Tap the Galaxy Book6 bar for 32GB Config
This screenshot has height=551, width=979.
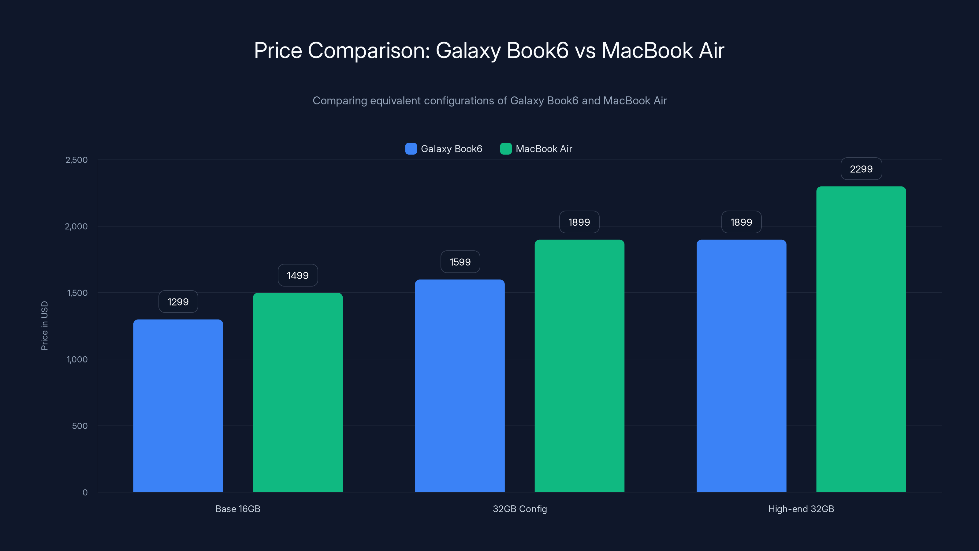(x=460, y=386)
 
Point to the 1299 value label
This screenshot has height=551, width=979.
(x=178, y=302)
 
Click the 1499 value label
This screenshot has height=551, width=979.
(x=298, y=275)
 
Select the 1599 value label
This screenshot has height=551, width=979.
(x=460, y=262)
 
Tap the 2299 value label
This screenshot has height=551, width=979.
(x=861, y=169)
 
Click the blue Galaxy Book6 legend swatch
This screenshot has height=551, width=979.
(x=411, y=149)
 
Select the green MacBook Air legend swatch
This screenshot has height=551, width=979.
(x=505, y=149)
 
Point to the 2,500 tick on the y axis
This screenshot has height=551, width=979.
(x=76, y=160)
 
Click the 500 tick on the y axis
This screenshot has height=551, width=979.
(x=80, y=426)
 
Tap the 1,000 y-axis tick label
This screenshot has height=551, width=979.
(x=77, y=359)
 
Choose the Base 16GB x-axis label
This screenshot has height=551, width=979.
(x=237, y=509)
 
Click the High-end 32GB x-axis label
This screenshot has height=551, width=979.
(x=801, y=509)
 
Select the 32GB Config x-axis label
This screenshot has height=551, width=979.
(x=519, y=509)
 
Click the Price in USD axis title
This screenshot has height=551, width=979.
(x=44, y=325)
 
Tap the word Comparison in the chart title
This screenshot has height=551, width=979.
(x=368, y=51)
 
